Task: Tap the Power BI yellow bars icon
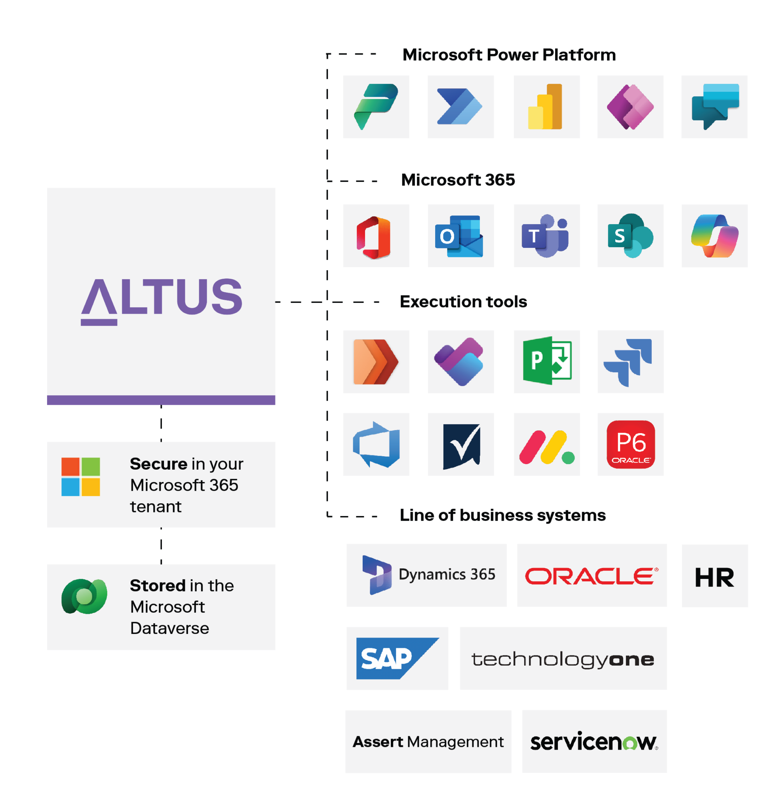pyautogui.click(x=546, y=107)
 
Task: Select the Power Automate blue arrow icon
pyautogui.click(x=460, y=107)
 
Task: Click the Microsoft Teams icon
pyautogui.click(x=546, y=236)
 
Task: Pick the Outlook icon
pyautogui.click(x=460, y=236)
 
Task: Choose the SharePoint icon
pyautogui.click(x=630, y=236)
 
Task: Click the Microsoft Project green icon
pyautogui.click(x=546, y=362)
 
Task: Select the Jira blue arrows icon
pyautogui.click(x=630, y=362)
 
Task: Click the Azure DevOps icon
pyautogui.click(x=376, y=444)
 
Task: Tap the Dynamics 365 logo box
pyautogui.click(x=426, y=575)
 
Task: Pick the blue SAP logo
pyautogui.click(x=396, y=658)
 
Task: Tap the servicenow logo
pyautogui.click(x=594, y=741)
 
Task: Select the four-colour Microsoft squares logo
pyautogui.click(x=81, y=477)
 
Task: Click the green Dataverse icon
pyautogui.click(x=84, y=596)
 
